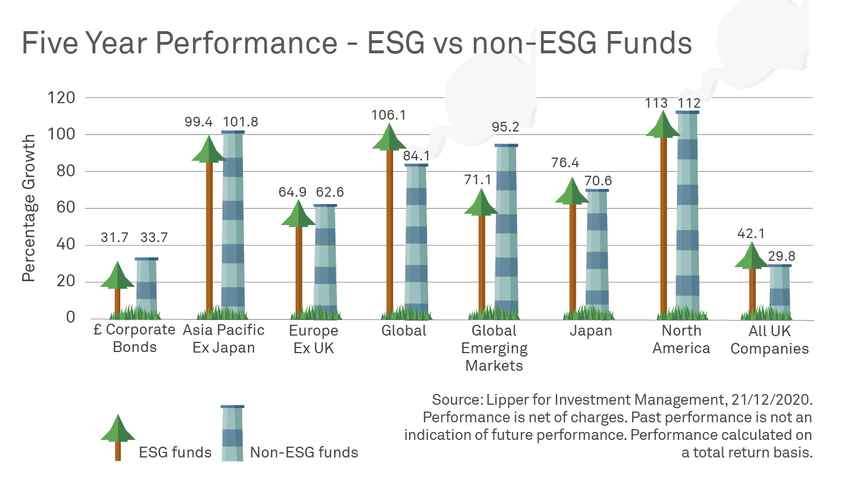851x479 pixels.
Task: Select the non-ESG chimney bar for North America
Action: point(687,215)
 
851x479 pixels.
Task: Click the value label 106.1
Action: point(389,115)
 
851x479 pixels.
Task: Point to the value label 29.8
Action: point(782,256)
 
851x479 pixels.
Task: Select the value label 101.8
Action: point(241,122)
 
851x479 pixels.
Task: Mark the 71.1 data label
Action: point(478,180)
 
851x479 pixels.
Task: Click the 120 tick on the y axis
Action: point(61,98)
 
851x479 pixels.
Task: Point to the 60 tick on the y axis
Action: point(66,207)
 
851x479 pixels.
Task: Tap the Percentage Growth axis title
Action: point(28,208)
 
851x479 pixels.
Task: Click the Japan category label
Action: point(591,331)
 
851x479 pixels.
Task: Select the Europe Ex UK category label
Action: point(314,339)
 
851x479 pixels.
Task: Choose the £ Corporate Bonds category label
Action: point(134,338)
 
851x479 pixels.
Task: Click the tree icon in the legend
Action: point(118,436)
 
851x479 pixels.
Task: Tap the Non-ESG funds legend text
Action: point(304,452)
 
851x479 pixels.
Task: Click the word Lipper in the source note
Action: point(507,400)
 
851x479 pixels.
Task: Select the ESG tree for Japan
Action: point(572,249)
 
